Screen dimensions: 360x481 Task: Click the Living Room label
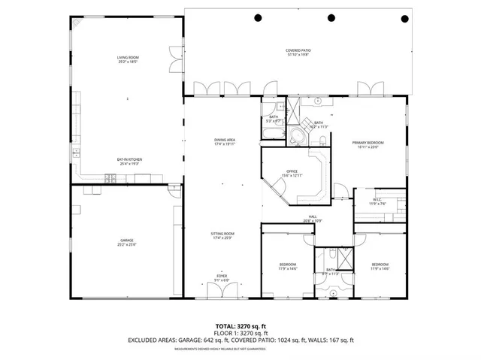click(x=127, y=59)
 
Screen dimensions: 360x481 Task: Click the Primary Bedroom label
click(x=368, y=145)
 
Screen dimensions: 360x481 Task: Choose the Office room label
click(x=292, y=174)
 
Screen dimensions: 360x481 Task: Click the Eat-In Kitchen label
click(x=129, y=162)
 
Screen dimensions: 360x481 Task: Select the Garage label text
click(x=126, y=243)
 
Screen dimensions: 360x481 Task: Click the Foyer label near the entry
click(x=222, y=278)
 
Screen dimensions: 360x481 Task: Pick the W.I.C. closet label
click(x=377, y=202)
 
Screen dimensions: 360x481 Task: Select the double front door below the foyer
click(x=222, y=290)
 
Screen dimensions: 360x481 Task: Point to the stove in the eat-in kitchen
click(x=110, y=178)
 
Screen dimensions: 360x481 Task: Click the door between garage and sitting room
click(x=178, y=218)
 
